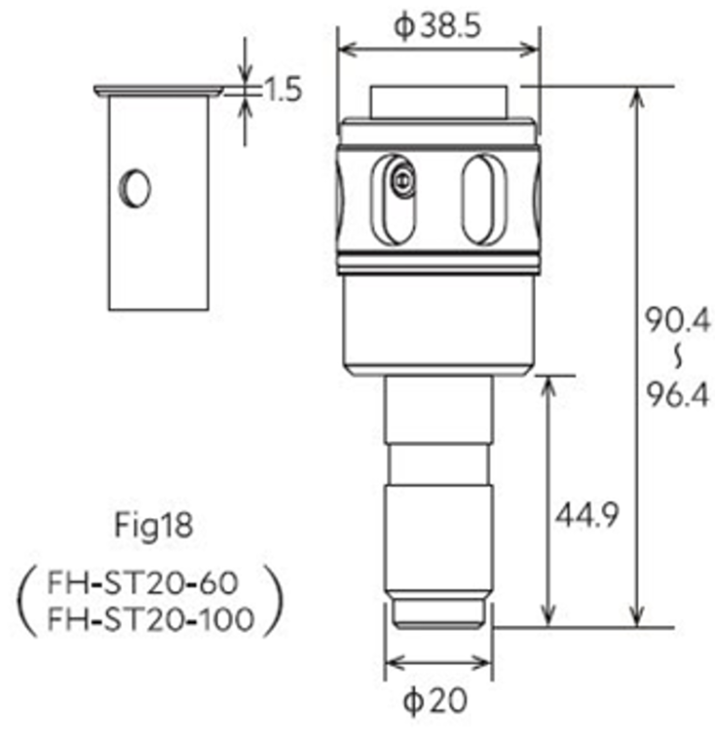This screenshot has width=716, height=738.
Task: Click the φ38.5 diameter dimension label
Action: (437, 26)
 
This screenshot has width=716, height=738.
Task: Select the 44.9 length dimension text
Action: (586, 514)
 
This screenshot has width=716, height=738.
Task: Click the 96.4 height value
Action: (677, 394)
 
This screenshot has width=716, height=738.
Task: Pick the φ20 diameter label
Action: (435, 701)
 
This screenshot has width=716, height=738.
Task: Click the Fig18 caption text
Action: (154, 525)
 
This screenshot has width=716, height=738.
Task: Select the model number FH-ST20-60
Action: (143, 582)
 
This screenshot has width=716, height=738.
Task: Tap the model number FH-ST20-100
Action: (151, 619)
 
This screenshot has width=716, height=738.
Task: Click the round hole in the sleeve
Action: (135, 188)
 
